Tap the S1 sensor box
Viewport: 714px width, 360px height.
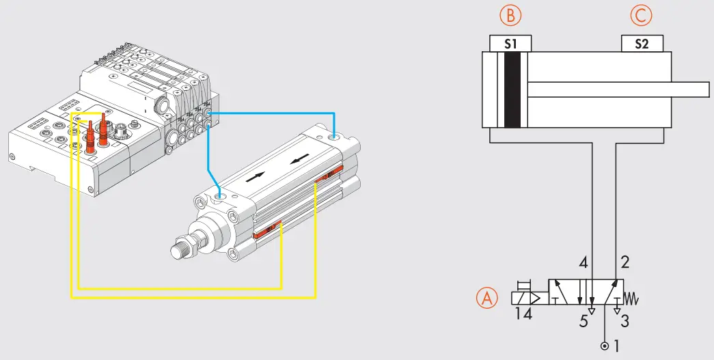click(511, 44)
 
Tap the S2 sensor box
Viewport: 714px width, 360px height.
click(642, 44)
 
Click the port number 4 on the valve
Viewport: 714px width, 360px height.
click(583, 262)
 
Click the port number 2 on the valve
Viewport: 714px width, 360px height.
click(624, 262)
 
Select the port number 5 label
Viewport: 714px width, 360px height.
click(583, 321)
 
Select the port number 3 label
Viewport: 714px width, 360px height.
click(624, 321)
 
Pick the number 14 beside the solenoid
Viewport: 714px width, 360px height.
click(522, 315)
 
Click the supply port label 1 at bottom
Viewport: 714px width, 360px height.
click(617, 346)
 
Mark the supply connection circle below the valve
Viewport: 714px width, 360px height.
click(604, 346)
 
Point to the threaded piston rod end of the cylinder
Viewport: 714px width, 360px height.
click(182, 250)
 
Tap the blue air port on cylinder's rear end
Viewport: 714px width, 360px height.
click(332, 138)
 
